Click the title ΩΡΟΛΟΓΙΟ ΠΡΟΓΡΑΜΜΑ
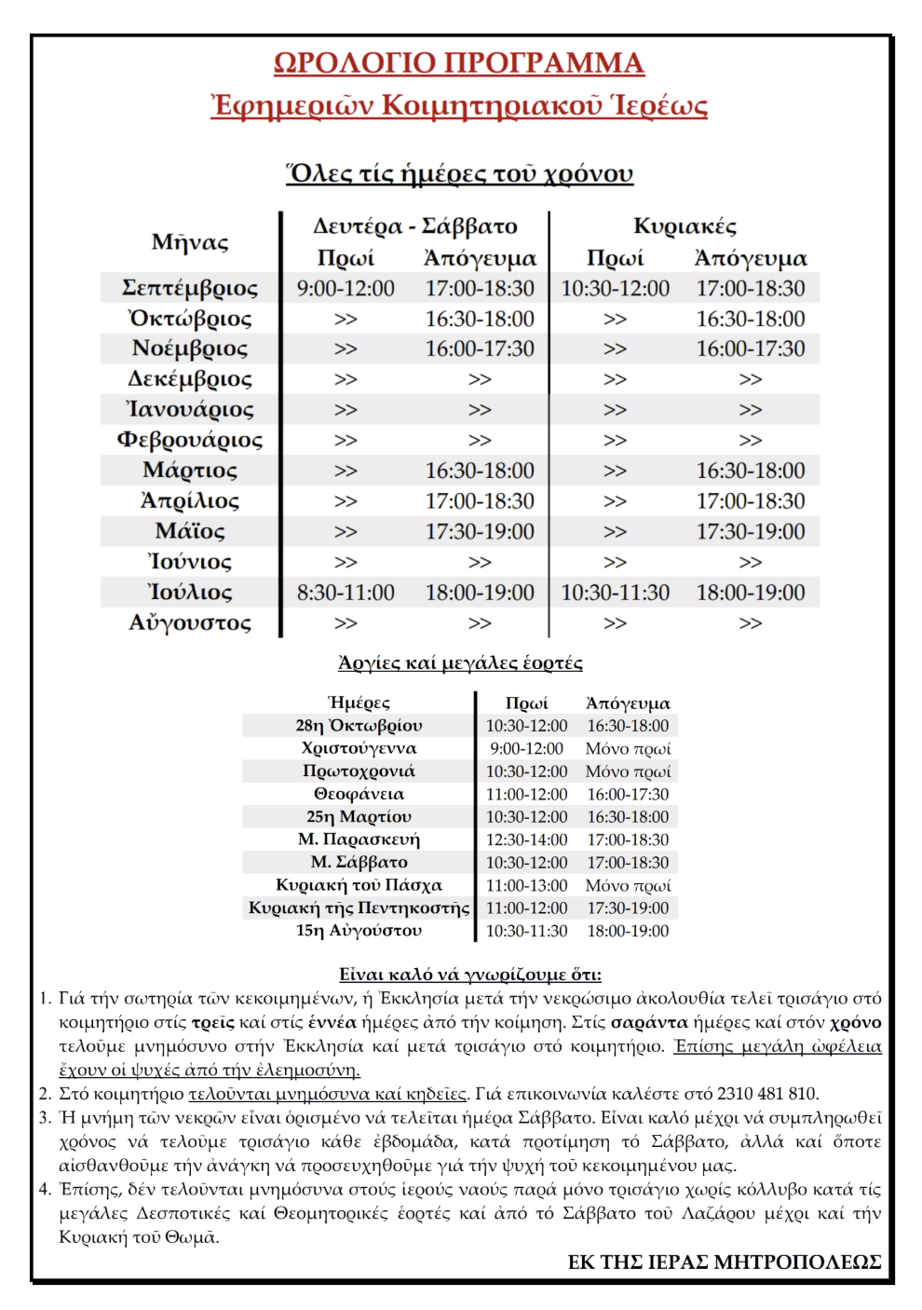click(459, 63)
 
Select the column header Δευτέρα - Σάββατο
click(414, 226)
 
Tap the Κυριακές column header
click(685, 226)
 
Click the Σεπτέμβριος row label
click(190, 288)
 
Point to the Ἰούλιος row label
click(190, 593)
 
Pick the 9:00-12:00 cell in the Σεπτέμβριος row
click(346, 289)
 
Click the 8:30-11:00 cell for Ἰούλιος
click(346, 593)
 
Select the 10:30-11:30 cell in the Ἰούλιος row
click(615, 593)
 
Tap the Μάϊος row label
click(190, 532)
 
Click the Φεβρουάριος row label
click(190, 440)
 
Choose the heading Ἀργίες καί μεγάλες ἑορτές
click(460, 663)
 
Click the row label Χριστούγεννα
click(359, 748)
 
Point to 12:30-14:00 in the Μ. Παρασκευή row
click(526, 839)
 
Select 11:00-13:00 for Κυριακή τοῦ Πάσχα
click(526, 885)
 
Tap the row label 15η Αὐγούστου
click(359, 931)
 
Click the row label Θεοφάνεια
click(359, 794)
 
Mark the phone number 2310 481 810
click(766, 1094)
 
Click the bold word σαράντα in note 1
click(649, 1022)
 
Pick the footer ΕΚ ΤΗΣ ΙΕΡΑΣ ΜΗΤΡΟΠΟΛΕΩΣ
click(725, 1262)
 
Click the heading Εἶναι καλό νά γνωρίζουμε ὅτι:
click(469, 975)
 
